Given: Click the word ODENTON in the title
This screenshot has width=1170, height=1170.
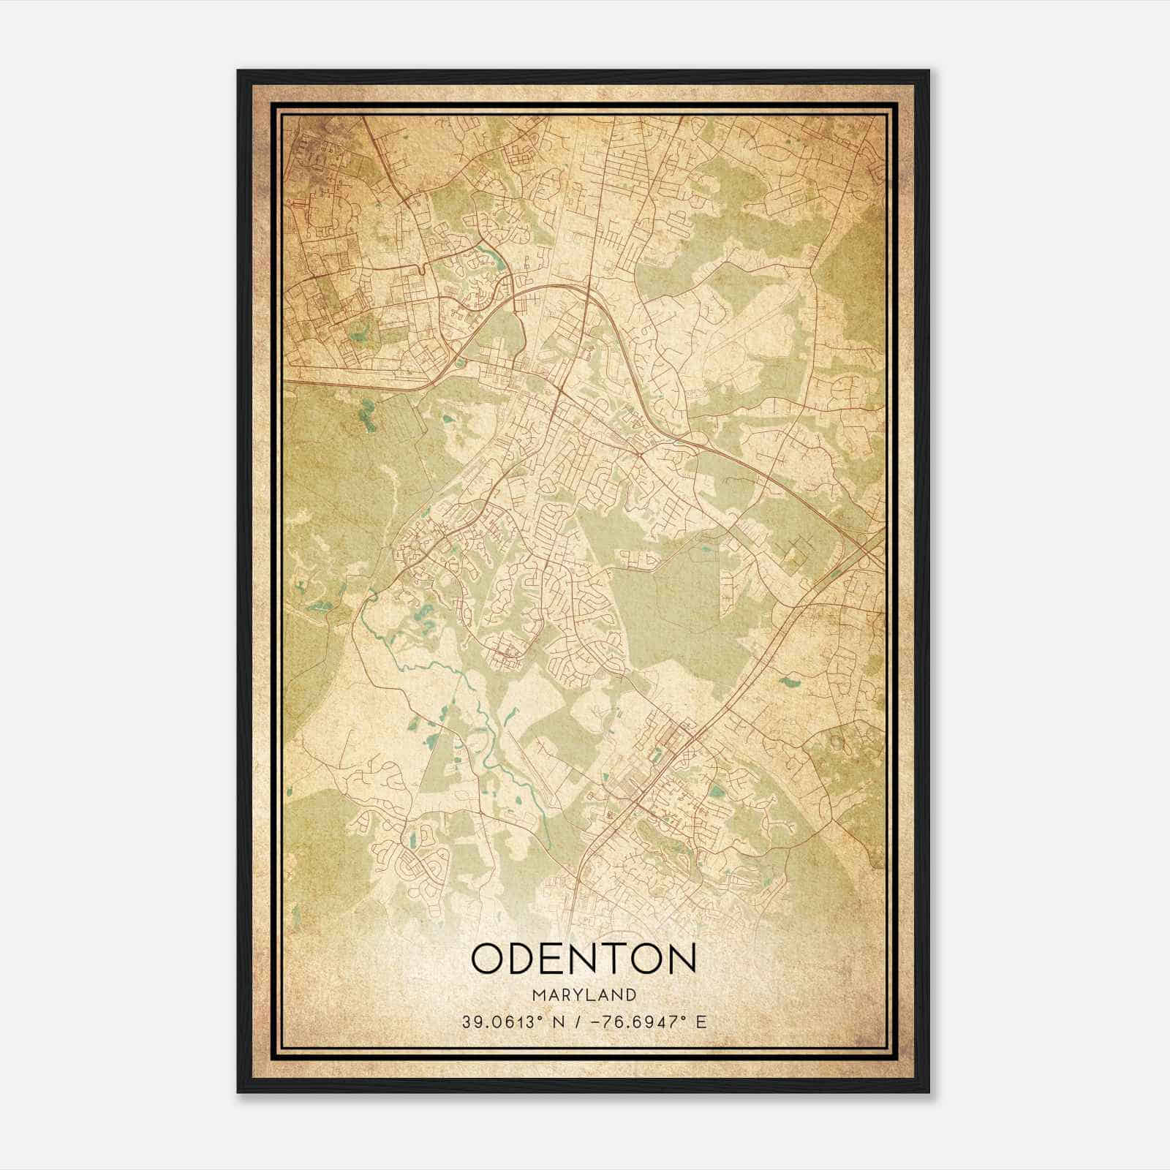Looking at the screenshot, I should pos(584,958).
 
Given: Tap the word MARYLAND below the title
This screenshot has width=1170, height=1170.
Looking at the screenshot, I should pos(584,995).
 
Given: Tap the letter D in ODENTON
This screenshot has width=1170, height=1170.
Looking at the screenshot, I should pos(525,958).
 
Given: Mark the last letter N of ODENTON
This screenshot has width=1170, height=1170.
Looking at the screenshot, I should pos(680,958).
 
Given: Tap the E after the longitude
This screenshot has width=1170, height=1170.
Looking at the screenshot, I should pos(701,1022).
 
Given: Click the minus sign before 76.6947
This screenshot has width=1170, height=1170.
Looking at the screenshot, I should pos(603,1022).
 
